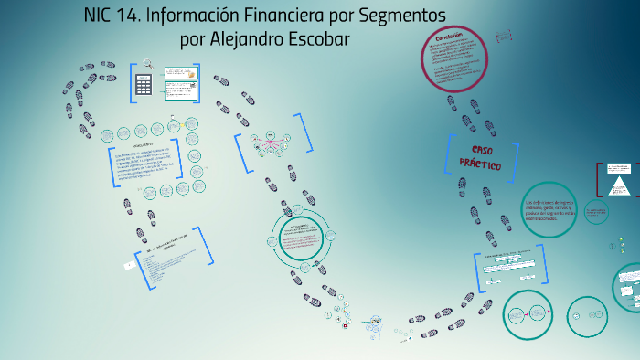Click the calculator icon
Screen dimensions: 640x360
pyautogui.click(x=143, y=83)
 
